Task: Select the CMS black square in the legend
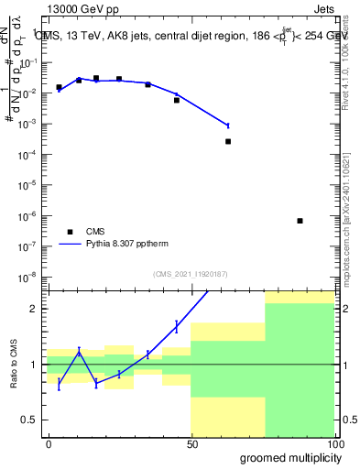[x=68, y=232]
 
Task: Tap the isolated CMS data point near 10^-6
[x=300, y=221]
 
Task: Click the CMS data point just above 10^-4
[x=228, y=141]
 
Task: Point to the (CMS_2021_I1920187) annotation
[x=189, y=273]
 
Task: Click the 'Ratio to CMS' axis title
[x=13, y=365]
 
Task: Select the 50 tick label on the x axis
[x=191, y=442]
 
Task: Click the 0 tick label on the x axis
[x=49, y=442]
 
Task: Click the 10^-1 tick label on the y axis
[x=32, y=62]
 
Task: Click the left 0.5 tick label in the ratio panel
[x=32, y=420]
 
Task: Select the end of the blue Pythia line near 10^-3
[x=228, y=125]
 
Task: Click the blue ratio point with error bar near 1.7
[x=176, y=325]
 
